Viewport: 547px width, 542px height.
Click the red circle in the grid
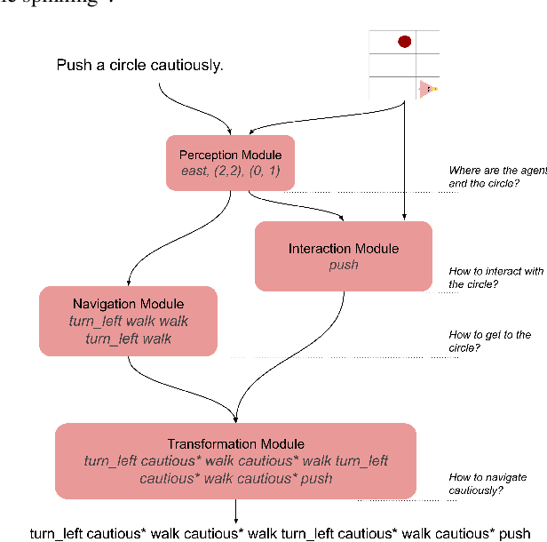[404, 41]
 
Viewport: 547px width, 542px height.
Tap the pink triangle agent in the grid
[428, 89]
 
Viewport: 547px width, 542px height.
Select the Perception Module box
[230, 163]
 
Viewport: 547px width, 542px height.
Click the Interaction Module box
[343, 256]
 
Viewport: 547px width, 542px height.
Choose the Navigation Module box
[128, 321]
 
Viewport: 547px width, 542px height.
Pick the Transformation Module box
[235, 460]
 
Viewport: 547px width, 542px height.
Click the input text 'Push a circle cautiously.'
[139, 65]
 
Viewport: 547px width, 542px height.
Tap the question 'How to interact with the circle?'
[496, 277]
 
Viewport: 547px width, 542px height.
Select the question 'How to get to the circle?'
[490, 341]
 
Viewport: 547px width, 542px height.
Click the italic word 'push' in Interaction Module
[343, 265]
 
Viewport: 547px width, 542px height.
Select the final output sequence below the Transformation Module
[280, 533]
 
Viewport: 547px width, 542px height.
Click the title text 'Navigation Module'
[128, 304]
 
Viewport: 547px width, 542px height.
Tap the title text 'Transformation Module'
[235, 443]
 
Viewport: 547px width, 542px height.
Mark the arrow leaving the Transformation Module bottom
[235, 511]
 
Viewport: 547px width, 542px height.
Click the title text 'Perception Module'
[230, 155]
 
